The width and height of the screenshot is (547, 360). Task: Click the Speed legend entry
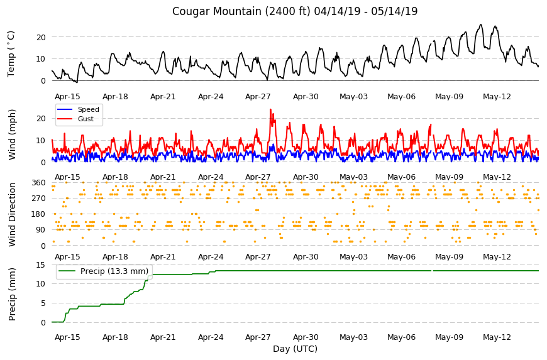78,109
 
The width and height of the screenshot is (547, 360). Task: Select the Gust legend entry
75,119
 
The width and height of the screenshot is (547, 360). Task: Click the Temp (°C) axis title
11,54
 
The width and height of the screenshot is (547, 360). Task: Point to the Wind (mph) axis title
12,135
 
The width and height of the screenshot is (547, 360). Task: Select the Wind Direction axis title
12,215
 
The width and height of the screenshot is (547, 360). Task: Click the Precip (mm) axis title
12,294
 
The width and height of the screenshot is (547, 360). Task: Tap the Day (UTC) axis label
295,349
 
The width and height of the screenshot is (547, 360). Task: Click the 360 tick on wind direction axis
39,183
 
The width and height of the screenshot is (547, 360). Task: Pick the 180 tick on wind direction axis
39,214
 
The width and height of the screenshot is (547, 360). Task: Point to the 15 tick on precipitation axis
41,265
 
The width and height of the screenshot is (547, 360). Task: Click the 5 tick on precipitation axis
43,303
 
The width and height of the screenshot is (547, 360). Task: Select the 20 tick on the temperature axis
41,37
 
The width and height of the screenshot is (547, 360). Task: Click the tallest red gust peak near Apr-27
270,109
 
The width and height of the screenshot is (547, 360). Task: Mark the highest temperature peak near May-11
481,25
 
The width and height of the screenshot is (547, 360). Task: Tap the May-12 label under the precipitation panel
497,337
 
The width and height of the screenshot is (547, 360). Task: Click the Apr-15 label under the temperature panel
67,97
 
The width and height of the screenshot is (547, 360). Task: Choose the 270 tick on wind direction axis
39,199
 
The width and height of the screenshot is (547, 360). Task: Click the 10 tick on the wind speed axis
41,141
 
